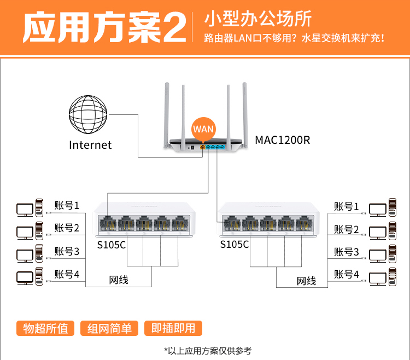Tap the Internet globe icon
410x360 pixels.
(x=88, y=115)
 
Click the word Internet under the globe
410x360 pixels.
(x=90, y=145)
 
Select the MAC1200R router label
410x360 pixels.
(x=282, y=140)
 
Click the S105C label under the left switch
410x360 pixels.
(x=112, y=244)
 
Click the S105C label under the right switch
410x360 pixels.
(x=235, y=244)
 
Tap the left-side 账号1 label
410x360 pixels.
(x=67, y=206)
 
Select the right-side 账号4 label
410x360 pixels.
(x=347, y=274)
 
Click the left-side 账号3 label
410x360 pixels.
(x=67, y=251)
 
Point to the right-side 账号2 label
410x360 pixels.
(x=347, y=229)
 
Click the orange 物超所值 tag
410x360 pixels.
(x=45, y=328)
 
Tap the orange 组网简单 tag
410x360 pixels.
(x=109, y=328)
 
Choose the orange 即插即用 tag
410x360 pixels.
(x=173, y=328)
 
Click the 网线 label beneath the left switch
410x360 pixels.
(x=119, y=280)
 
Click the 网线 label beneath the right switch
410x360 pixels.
(x=306, y=281)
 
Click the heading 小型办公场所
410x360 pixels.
(x=257, y=19)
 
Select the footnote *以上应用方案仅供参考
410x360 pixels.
(x=208, y=351)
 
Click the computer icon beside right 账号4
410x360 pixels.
(x=382, y=277)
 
